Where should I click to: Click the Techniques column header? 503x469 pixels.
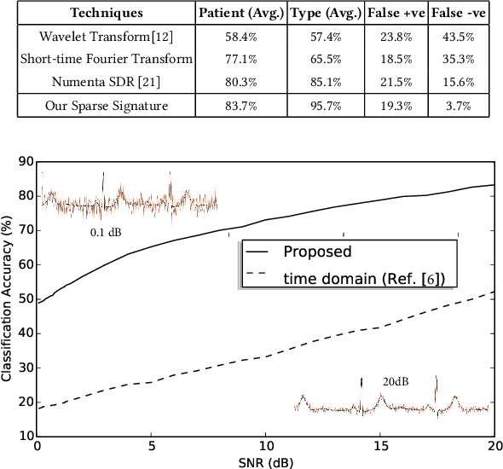pyautogui.click(x=106, y=14)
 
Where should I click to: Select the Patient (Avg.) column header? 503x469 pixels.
pyautogui.click(x=242, y=14)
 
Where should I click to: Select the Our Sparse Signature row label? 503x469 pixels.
pyautogui.click(x=107, y=107)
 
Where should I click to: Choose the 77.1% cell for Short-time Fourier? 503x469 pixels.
pyautogui.click(x=241, y=61)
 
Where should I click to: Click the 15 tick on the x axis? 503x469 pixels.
pyautogui.click(x=380, y=446)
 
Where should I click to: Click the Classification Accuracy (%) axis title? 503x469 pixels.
pyautogui.click(x=8, y=298)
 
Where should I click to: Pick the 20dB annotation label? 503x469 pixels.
pyautogui.click(x=396, y=381)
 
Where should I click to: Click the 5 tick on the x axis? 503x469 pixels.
pyautogui.click(x=151, y=446)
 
